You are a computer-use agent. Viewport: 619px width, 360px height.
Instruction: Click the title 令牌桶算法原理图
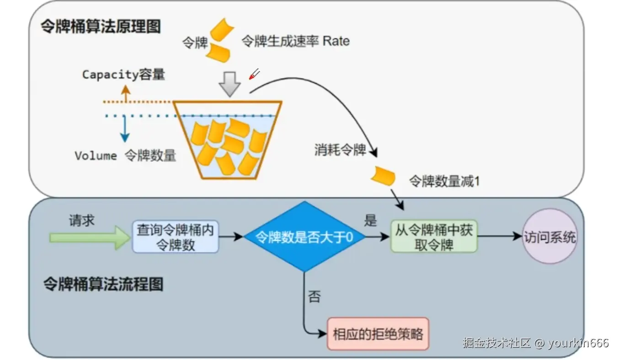point(101,27)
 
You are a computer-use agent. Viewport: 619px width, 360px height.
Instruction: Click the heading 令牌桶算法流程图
point(103,284)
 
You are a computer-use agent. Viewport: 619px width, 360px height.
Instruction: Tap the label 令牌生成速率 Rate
point(295,41)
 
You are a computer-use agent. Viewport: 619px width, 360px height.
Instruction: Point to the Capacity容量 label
point(123,74)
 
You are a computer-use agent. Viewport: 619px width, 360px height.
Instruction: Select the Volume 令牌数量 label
point(125,156)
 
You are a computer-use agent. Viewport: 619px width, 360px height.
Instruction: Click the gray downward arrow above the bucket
point(229,84)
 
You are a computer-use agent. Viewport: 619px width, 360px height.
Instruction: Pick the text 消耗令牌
point(340,150)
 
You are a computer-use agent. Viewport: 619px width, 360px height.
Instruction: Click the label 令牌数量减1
point(444,181)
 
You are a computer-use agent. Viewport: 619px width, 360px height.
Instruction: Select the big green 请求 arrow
point(90,237)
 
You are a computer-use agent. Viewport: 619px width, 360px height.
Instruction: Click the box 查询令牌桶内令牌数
point(176,237)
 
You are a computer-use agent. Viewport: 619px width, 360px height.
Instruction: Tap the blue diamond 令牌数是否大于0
point(304,237)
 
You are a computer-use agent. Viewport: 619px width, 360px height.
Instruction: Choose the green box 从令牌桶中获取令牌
point(433,237)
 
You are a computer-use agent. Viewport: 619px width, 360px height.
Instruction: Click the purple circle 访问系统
point(550,236)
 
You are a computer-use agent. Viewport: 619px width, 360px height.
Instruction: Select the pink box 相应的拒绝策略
point(378,333)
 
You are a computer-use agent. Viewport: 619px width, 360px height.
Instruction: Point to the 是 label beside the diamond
point(370,220)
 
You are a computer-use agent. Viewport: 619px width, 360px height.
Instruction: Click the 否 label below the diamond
point(314,297)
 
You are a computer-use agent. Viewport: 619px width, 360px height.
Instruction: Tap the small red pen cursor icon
point(254,74)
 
